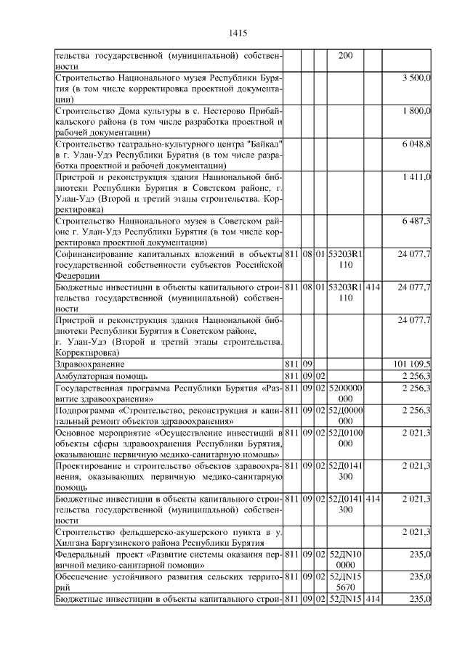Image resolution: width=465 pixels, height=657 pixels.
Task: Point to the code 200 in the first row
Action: click(346, 55)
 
